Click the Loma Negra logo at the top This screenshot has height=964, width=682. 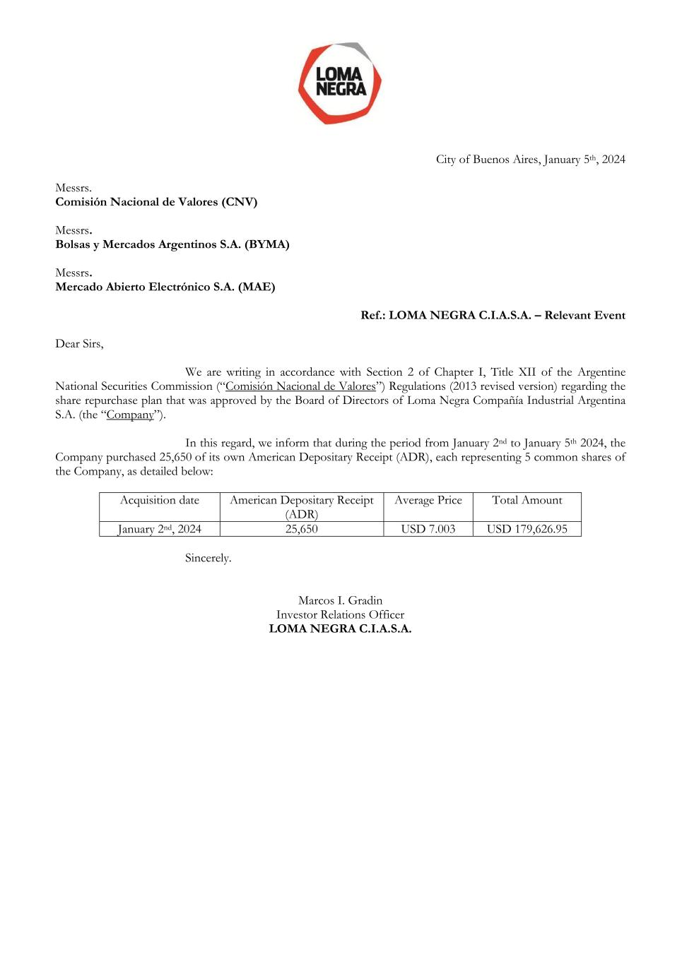340,83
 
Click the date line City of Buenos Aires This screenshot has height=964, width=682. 530,160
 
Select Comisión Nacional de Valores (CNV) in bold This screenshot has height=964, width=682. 156,202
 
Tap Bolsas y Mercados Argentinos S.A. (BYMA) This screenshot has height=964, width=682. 172,244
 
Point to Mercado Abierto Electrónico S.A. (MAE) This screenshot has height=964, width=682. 165,287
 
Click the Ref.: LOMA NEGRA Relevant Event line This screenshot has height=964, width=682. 493,315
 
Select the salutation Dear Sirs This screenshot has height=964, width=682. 79,344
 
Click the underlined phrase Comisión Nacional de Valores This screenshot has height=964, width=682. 300,386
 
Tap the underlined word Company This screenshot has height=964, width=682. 130,415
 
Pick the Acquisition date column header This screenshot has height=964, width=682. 160,500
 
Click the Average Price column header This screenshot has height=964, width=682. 428,500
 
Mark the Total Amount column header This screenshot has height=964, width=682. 527,500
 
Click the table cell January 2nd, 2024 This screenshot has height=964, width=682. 160,529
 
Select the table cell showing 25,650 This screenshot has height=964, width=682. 302,529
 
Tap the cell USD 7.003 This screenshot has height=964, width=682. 428,529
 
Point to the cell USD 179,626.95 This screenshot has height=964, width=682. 527,529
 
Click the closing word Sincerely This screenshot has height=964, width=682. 208,558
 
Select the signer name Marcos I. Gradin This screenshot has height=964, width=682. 340,600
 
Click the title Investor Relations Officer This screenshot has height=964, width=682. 340,614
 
